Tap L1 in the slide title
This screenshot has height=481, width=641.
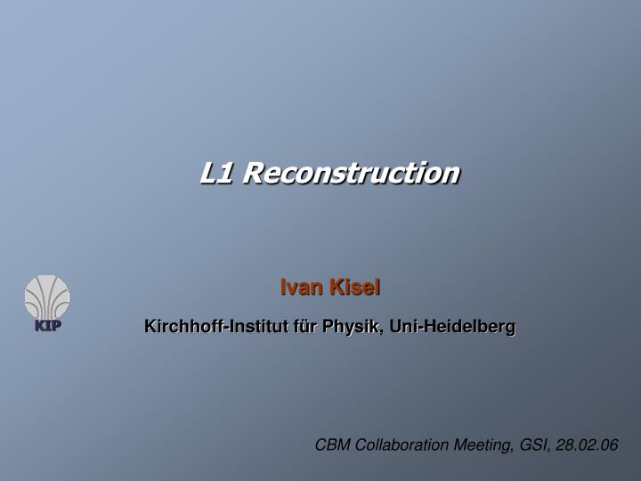(216, 172)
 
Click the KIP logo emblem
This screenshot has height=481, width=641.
(47, 297)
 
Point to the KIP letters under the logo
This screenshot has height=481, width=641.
(47, 325)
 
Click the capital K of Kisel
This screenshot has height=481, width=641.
(337, 287)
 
